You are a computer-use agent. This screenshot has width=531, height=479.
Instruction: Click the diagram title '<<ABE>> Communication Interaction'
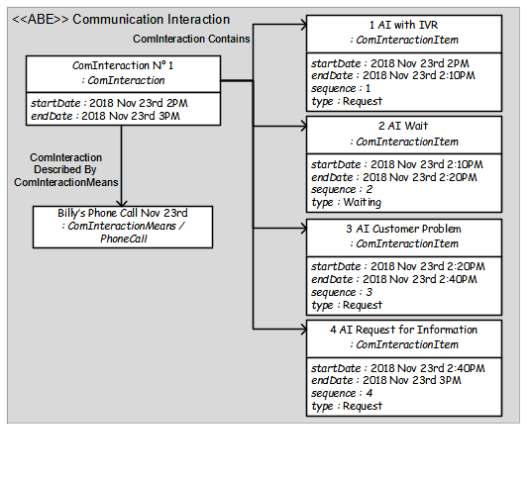121,19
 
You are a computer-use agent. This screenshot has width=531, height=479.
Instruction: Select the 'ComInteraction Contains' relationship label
191,39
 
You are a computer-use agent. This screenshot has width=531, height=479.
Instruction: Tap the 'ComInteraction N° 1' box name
123,65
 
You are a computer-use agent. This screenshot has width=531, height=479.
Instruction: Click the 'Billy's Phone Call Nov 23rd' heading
123,213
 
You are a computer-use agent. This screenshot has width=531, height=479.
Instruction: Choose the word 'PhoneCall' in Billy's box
124,239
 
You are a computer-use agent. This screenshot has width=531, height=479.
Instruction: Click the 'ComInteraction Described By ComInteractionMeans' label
65,170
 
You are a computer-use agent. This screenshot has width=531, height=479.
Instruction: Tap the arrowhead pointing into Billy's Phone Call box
121,203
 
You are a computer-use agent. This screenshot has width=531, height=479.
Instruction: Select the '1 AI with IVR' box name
403,25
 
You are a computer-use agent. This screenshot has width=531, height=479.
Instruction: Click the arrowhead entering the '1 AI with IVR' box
303,25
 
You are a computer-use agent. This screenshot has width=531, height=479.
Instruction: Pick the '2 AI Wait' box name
403,126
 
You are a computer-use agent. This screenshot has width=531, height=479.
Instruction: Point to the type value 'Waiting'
362,202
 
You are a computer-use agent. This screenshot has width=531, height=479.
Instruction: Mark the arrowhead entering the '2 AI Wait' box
303,127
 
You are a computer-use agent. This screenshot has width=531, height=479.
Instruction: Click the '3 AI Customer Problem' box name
403,229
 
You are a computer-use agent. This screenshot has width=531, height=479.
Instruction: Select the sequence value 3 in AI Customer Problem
370,292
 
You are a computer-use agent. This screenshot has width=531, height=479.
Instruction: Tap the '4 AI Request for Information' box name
403,330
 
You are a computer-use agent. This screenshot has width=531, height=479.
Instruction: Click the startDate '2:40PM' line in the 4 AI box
398,368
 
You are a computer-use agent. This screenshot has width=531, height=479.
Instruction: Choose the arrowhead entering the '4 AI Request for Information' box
303,330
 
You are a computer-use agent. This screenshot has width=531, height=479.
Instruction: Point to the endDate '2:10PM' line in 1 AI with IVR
393,75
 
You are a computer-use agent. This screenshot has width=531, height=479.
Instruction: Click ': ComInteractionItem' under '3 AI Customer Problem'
404,243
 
